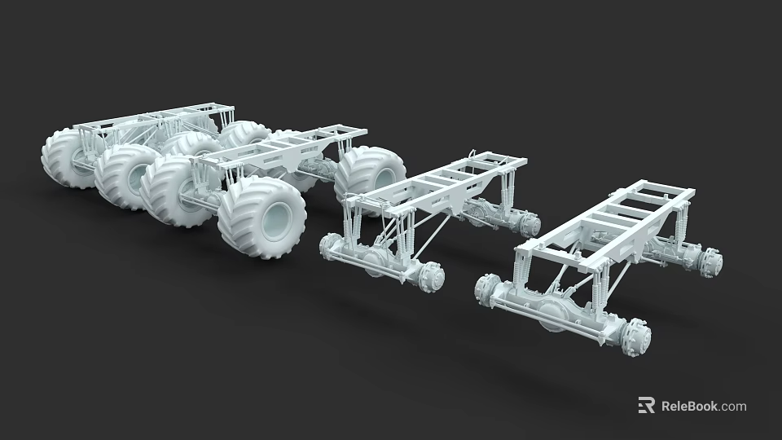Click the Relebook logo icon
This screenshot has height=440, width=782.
[646, 405]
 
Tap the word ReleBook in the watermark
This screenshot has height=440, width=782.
[689, 406]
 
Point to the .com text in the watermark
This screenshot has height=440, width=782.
[733, 406]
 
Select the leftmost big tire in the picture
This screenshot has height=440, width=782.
[65, 157]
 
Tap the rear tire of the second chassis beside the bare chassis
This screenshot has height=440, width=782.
[371, 173]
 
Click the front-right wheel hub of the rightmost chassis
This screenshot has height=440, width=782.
[635, 337]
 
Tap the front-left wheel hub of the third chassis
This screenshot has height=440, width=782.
[332, 245]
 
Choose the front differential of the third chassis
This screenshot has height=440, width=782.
[376, 261]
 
